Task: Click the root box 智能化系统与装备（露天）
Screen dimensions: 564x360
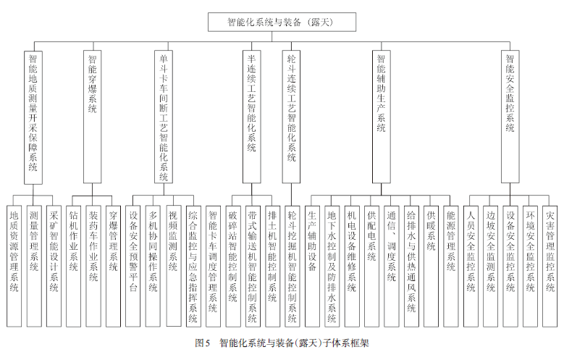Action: tap(282, 22)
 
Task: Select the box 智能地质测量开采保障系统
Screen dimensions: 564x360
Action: tap(33, 117)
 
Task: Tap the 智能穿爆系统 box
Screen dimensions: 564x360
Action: tap(93, 117)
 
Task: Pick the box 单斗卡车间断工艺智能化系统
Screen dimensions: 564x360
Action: tap(164, 117)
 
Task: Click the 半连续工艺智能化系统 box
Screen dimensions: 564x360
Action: tap(252, 117)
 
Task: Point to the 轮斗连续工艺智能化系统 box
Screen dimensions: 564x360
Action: tap(291, 117)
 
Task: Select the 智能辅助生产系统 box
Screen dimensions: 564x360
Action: tap(382, 117)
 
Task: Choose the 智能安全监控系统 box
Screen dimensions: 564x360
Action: tap(510, 117)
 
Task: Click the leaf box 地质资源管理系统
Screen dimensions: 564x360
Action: tap(14, 267)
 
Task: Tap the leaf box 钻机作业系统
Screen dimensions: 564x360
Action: tap(73, 267)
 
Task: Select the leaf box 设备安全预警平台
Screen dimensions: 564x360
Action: tap(132, 267)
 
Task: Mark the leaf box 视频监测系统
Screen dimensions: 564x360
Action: tap(173, 266)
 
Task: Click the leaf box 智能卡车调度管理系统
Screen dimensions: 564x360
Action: tap(213, 267)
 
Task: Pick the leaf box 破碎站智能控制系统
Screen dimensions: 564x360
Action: tap(232, 267)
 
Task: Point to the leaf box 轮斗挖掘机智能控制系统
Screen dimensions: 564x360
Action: tap(292, 267)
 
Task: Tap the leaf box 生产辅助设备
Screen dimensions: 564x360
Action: tap(312, 267)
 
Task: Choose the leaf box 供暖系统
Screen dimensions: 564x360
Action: tap(431, 267)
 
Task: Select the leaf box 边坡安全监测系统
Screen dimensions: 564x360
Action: tap(491, 267)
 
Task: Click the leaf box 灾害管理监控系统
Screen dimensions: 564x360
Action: tap(550, 267)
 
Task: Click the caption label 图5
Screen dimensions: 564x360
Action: tap(202, 343)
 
